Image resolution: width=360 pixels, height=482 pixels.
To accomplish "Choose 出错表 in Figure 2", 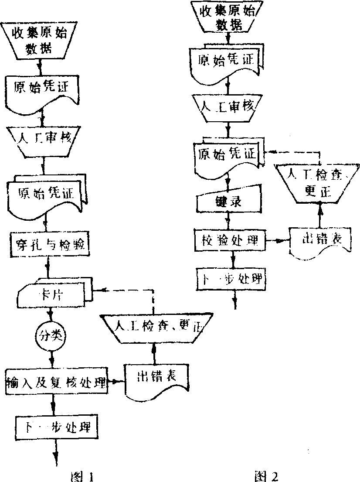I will [x=320, y=241].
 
